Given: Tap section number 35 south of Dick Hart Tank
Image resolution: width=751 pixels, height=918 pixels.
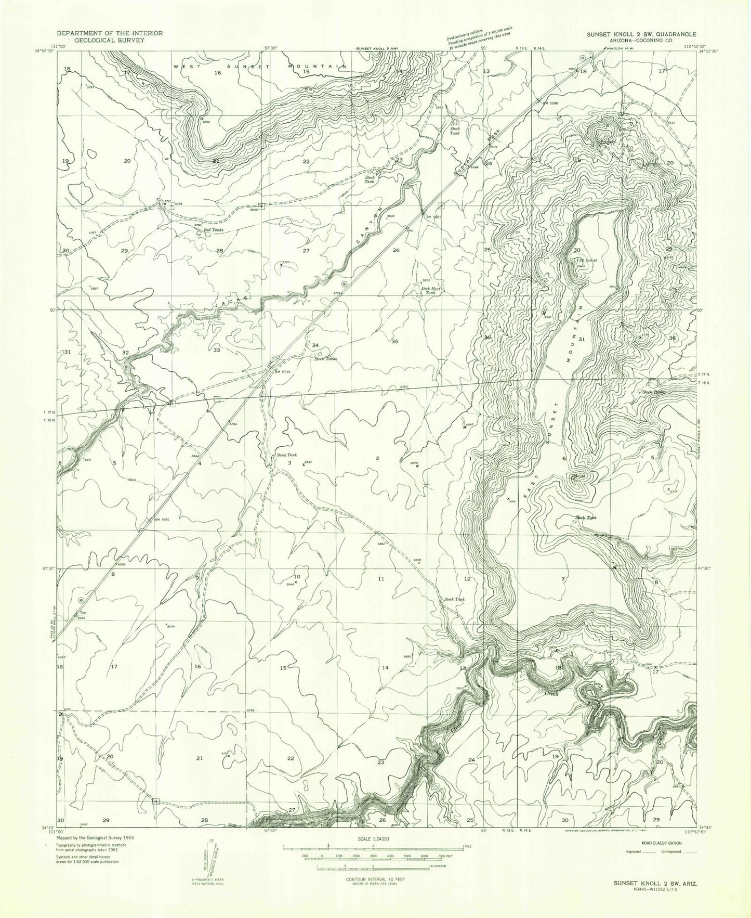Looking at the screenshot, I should tap(394, 342).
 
